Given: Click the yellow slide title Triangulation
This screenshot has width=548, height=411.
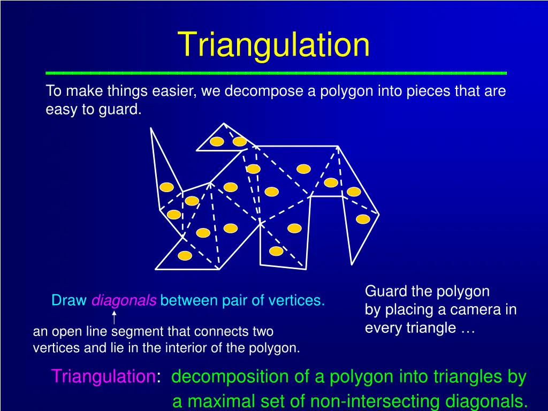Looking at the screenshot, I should (x=273, y=44).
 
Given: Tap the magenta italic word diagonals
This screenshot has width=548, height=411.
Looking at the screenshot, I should (x=124, y=301).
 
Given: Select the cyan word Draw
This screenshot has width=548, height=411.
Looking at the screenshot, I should (x=69, y=301).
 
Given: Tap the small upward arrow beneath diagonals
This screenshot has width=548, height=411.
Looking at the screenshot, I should (x=114, y=316).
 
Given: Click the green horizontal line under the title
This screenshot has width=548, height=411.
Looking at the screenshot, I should (x=276, y=72).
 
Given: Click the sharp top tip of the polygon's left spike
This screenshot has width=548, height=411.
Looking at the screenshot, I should (x=151, y=128).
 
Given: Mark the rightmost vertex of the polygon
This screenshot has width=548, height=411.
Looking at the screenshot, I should (x=378, y=214).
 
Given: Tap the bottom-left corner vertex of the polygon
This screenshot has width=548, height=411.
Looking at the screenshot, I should (x=156, y=269).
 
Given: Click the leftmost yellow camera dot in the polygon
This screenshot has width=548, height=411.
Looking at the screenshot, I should (x=167, y=187).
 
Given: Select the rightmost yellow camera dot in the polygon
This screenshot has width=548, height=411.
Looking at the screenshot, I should (x=363, y=219).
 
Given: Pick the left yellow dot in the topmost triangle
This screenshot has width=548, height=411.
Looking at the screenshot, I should (x=216, y=141).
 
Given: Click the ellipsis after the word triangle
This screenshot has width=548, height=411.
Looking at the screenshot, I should (x=467, y=328).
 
